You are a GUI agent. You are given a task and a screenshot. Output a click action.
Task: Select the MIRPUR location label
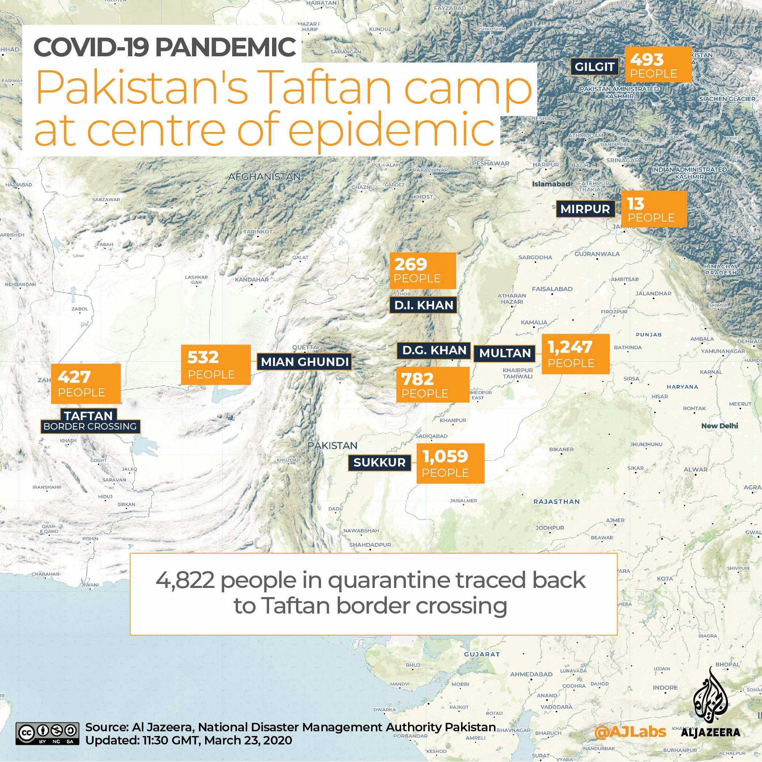point(585,209)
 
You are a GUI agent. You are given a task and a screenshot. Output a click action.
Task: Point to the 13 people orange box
point(653,210)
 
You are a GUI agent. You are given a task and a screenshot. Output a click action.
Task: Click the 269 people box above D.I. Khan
point(422,271)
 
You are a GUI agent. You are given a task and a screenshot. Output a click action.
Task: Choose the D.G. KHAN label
point(434,350)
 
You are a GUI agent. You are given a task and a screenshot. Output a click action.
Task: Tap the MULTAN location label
point(505,353)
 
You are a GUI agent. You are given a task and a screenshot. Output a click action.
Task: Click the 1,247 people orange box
point(576,354)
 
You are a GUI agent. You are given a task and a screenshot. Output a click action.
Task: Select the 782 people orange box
point(432,385)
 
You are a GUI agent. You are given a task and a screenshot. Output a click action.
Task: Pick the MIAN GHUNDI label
point(305,362)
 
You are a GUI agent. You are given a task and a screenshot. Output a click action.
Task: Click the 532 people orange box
point(215,365)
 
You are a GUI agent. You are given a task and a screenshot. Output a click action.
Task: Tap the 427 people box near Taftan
point(86,383)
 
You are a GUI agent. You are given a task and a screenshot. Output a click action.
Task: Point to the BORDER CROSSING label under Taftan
point(90,427)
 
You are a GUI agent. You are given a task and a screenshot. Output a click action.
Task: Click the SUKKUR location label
point(379,463)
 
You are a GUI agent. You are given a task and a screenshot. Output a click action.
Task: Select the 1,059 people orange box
point(450,463)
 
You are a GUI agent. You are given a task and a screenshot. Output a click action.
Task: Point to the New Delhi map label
point(720,426)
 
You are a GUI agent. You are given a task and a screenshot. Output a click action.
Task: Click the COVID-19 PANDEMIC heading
point(165,46)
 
